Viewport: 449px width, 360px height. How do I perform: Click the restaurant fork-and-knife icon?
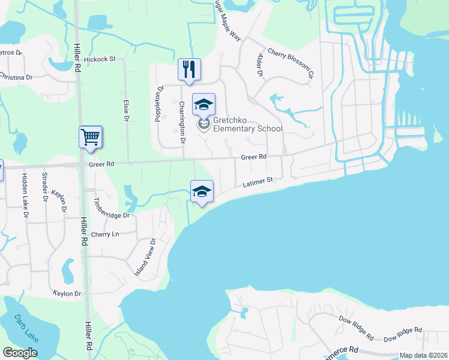[189, 69]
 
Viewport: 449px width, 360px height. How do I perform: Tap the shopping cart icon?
[91, 137]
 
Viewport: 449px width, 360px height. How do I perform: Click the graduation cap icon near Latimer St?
[202, 191]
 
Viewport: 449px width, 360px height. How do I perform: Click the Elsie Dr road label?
[127, 112]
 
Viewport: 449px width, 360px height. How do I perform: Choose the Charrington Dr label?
[181, 122]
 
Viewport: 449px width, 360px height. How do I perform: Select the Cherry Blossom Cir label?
[291, 64]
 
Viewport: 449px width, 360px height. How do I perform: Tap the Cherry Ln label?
[104, 234]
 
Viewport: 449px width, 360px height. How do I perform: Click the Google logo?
[20, 353]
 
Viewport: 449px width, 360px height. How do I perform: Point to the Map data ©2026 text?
[423, 355]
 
